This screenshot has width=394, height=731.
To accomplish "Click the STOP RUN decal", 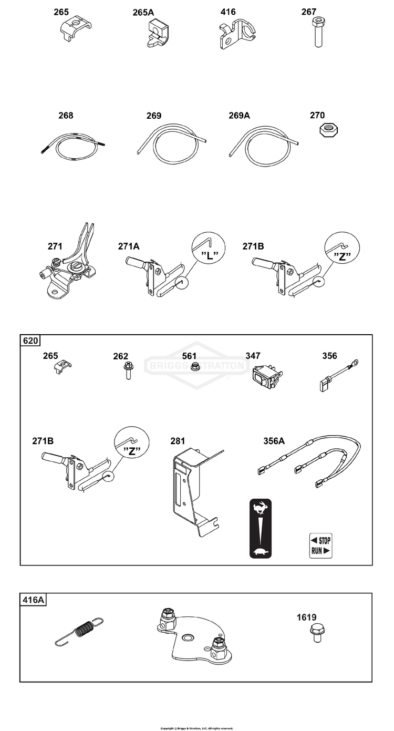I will click(320, 545).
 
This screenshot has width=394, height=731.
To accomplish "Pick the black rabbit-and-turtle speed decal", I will click(260, 528).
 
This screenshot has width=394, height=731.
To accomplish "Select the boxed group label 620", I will click(30, 341).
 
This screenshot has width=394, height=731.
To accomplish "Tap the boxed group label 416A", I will click(33, 599).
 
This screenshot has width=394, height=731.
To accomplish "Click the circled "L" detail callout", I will click(209, 249).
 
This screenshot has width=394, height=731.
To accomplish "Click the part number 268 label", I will click(66, 116).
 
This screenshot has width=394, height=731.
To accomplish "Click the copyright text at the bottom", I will click(196, 728).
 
